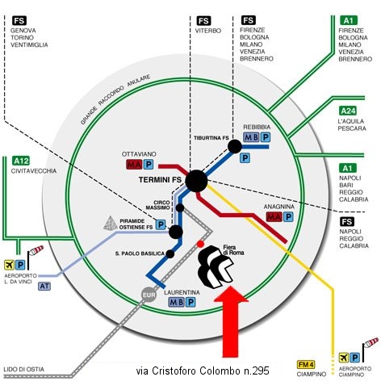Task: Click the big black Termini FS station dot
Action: click(x=196, y=181)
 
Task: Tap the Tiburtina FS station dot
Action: click(x=235, y=147)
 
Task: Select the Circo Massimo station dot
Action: click(x=180, y=207)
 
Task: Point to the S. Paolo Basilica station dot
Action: click(x=170, y=253)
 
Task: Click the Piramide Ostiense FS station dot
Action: click(x=176, y=232)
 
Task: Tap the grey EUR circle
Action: click(x=149, y=295)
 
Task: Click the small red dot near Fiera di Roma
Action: click(x=200, y=244)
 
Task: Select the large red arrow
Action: click(x=231, y=322)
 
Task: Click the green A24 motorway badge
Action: click(x=348, y=111)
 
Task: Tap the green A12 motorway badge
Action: click(x=21, y=161)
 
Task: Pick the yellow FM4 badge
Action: click(x=306, y=365)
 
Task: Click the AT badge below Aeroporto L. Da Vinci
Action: click(x=44, y=286)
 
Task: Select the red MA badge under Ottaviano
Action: click(x=134, y=164)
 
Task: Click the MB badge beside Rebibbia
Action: click(x=251, y=137)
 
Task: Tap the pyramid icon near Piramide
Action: click(x=111, y=223)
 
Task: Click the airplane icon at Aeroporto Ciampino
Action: click(x=343, y=358)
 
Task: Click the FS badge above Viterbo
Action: click(x=203, y=21)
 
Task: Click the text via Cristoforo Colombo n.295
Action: click(x=203, y=371)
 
